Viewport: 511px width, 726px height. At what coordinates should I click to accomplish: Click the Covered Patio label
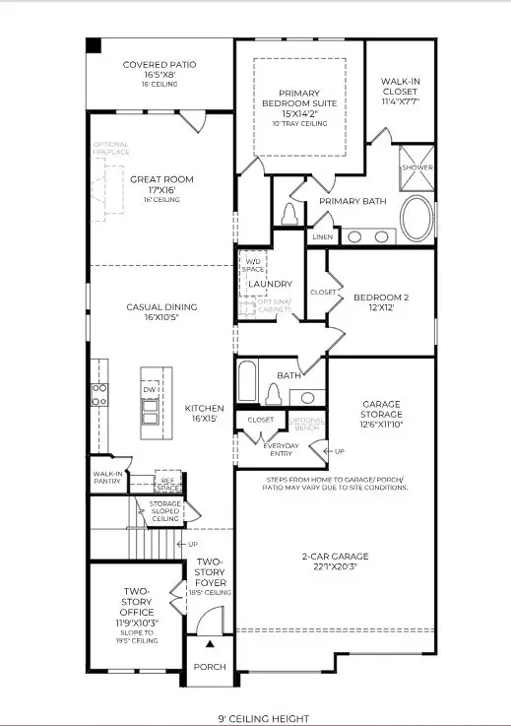point(160,65)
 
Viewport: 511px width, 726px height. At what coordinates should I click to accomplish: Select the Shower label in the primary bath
point(416,167)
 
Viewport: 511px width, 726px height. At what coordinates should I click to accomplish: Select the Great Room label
point(161,179)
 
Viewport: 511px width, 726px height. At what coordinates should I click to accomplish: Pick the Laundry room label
point(270,284)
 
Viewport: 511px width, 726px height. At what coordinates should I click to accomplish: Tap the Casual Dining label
point(161,307)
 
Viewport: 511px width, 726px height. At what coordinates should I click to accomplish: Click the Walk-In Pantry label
point(107,478)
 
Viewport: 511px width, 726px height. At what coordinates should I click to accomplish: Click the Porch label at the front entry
point(209,667)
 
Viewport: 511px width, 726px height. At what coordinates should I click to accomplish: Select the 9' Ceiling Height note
point(256,719)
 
